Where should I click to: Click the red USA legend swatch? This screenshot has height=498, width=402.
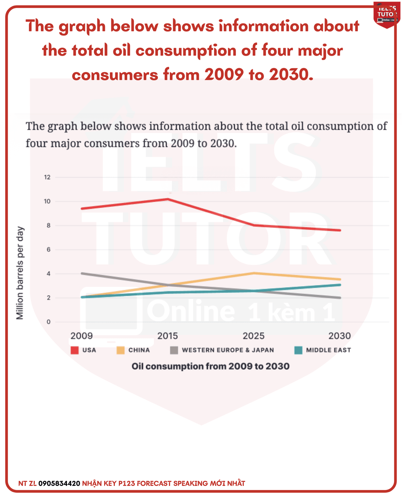[74, 350]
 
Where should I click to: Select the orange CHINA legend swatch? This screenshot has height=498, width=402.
[120, 350]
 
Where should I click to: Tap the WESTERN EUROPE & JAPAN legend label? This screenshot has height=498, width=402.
[228, 350]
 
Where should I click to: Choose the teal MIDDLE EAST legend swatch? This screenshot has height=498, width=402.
[298, 350]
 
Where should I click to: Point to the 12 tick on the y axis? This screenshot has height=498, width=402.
[47, 177]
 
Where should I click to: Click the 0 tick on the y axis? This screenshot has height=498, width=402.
[49, 322]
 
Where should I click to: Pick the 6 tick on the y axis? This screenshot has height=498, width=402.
[49, 250]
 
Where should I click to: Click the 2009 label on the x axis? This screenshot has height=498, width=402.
[81, 336]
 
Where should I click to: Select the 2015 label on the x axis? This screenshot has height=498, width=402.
[167, 336]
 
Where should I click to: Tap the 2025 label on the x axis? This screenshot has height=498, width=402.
[254, 336]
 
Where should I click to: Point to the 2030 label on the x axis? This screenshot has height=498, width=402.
[340, 336]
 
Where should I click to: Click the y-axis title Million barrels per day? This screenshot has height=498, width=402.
[20, 273]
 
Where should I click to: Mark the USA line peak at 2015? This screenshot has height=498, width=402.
[167, 199]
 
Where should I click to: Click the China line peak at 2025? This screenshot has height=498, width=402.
[254, 273]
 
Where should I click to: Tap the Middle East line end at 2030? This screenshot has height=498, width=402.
[340, 285]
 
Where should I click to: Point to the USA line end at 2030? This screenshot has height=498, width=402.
[340, 230]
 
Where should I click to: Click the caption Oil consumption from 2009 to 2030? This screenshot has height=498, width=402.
[210, 366]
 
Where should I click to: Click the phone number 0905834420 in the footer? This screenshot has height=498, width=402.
[59, 484]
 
